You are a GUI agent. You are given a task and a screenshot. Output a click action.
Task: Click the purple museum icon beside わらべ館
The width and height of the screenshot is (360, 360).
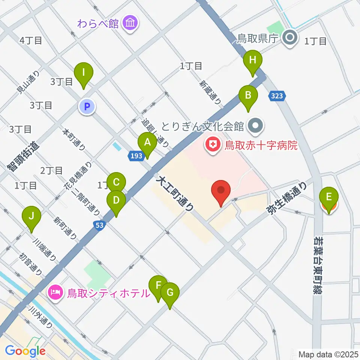(130, 24)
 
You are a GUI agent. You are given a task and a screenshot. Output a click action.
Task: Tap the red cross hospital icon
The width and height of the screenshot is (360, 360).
(213, 145)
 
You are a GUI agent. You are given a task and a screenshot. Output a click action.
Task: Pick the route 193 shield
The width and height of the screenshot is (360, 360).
(136, 155)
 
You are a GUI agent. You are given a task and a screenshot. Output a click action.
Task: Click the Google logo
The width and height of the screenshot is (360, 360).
(25, 351)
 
